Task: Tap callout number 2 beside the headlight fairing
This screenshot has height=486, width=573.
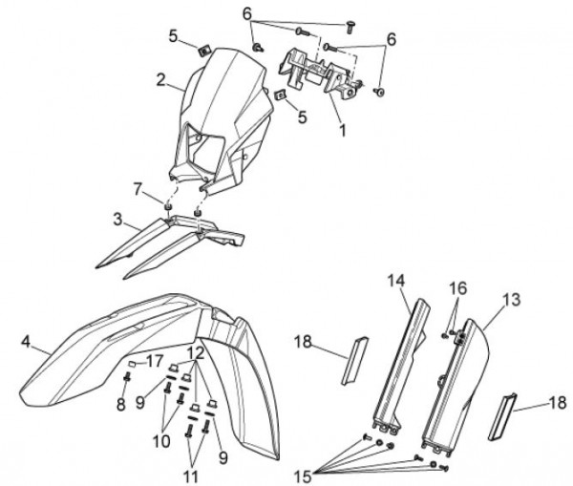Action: (x=161, y=79)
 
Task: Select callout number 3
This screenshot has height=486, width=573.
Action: (x=117, y=221)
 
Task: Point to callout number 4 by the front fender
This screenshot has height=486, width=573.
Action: (x=26, y=340)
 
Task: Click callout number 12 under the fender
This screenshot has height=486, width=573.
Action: (x=196, y=352)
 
